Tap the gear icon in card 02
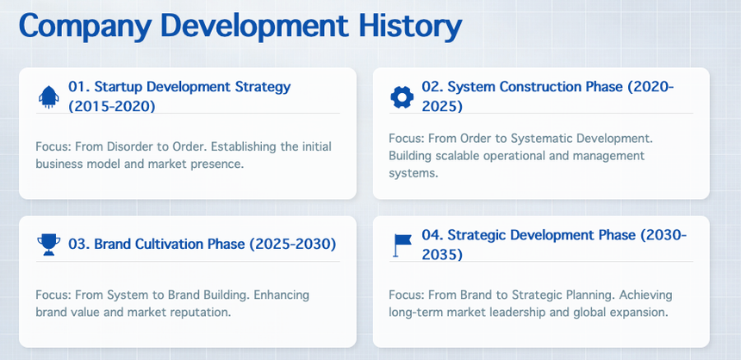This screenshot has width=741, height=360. click(402, 97)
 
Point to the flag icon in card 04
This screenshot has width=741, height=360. click(402, 245)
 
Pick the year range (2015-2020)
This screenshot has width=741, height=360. click(111, 107)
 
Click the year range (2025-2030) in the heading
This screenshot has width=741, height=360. click(293, 245)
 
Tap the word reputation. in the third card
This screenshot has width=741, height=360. click(207, 313)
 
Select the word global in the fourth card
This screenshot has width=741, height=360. click(560, 313)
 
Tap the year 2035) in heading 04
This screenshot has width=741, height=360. click(442, 255)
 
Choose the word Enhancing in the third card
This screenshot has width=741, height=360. click(282, 295)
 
